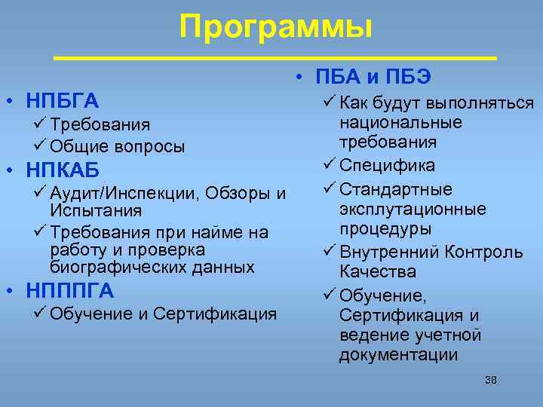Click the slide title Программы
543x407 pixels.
pos(276,28)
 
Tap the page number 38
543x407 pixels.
pos(490,380)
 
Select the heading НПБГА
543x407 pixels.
pos(63,100)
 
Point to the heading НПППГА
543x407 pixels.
pos(70,289)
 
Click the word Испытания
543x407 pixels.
pos(87,213)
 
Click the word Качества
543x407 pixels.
pos(377,271)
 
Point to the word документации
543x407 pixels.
pos(398,355)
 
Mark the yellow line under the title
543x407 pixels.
pos(276,58)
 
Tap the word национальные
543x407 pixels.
pos(400,122)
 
